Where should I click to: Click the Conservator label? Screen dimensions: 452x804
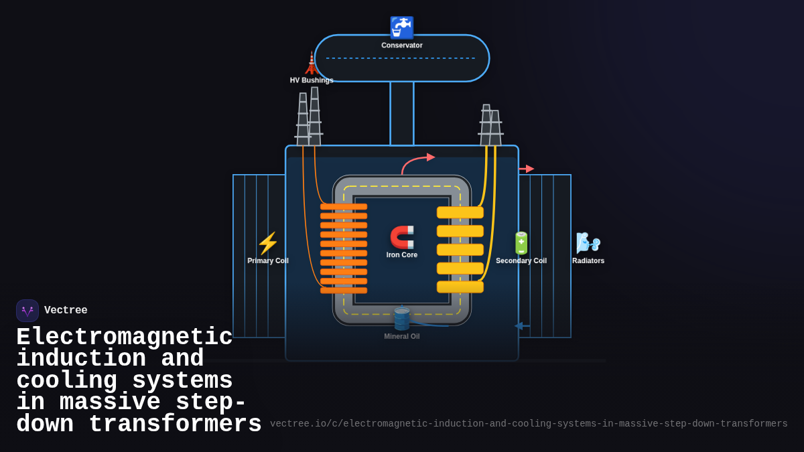[402, 46]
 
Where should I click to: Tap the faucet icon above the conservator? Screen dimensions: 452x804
[402, 27]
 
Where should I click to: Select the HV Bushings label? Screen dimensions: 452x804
[312, 80]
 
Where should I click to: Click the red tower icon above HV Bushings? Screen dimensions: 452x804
[312, 63]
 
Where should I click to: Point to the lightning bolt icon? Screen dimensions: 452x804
[268, 243]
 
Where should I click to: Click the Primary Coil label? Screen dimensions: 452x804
[268, 260]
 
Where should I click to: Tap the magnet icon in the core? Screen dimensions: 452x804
[402, 237]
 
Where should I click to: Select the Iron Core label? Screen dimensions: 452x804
[402, 254]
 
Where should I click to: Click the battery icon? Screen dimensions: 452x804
[521, 243]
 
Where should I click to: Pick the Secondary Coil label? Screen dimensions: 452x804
[521, 260]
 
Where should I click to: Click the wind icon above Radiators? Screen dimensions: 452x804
[588, 243]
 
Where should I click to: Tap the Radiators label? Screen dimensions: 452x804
[588, 260]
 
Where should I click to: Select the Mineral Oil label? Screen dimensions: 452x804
[402, 336]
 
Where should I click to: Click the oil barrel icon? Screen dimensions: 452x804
[402, 319]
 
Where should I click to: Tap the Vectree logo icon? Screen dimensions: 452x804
[27, 311]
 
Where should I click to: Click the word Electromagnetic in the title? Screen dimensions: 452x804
[125, 337]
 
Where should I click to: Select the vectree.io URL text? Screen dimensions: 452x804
[529, 424]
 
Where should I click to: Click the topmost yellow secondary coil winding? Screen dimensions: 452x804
[460, 212]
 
